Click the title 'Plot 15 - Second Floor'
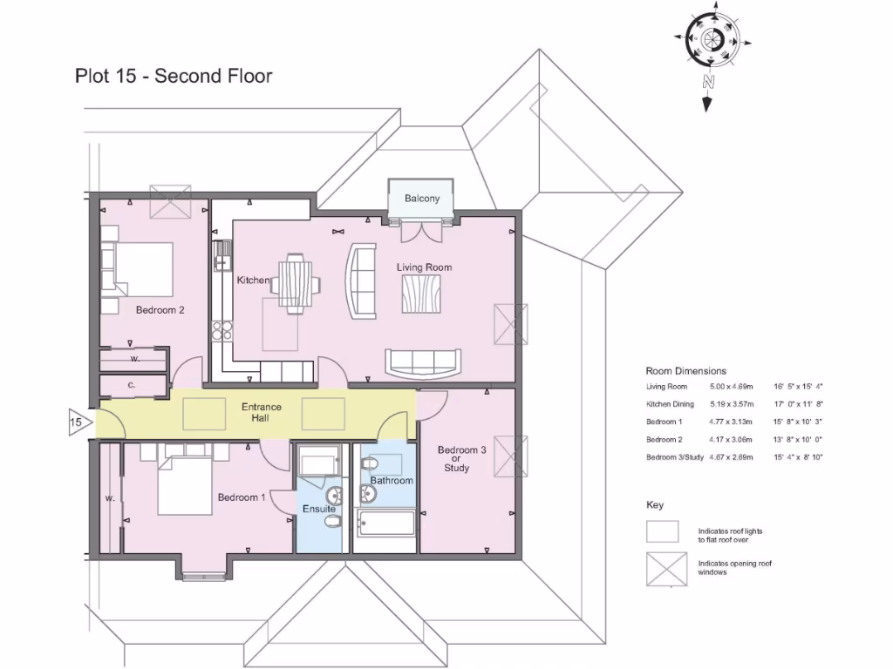[174, 76]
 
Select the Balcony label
[422, 199]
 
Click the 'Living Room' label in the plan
[424, 267]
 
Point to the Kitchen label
[253, 280]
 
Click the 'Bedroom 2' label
[160, 309]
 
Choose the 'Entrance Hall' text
[262, 413]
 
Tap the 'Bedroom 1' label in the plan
[242, 497]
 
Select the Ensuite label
[319, 509]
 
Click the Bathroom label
[391, 480]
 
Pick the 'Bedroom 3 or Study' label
[461, 459]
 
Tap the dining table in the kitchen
[295, 281]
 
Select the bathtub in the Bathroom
[385, 525]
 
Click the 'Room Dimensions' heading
[685, 371]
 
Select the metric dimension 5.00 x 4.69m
[731, 387]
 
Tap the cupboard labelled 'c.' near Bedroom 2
[132, 385]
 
